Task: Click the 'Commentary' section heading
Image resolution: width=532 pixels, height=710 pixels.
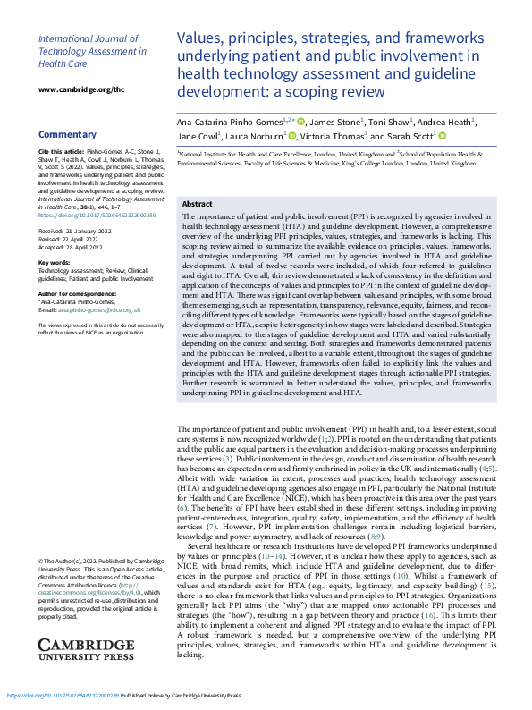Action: coord(66,134)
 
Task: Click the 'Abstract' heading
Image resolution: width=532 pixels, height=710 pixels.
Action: coord(198,204)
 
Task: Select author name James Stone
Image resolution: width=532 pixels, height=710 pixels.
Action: coord(336,121)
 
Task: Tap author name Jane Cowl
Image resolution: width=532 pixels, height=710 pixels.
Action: coord(198,136)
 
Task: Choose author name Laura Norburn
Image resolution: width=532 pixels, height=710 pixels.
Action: coord(255,136)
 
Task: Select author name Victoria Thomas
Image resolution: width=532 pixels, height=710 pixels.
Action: coord(331,136)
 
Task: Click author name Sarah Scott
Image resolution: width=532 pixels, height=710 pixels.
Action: coord(408,136)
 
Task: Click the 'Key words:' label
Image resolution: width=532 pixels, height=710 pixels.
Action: coord(55,262)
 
